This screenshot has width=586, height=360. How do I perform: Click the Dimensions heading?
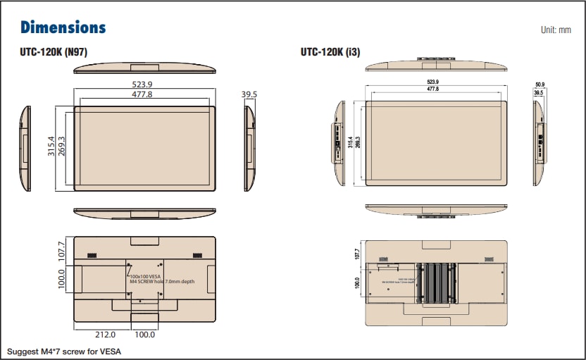63,27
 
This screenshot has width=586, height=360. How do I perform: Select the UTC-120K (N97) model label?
54,51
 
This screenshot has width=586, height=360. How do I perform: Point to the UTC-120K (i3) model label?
330,51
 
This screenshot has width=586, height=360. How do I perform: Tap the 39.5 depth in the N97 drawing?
249,94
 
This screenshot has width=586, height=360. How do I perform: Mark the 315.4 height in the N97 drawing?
51,149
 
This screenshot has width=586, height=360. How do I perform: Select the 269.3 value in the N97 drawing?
61,149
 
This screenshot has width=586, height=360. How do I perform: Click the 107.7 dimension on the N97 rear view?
61,250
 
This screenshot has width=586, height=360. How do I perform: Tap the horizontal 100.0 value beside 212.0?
144,335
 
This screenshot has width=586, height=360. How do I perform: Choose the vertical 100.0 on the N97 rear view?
61,279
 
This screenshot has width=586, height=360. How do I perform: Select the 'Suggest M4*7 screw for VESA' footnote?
58,351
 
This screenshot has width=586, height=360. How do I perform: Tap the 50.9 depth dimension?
540,85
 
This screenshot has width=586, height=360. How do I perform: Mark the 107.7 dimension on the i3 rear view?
357,253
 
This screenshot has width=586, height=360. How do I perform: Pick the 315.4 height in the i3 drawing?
350,143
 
